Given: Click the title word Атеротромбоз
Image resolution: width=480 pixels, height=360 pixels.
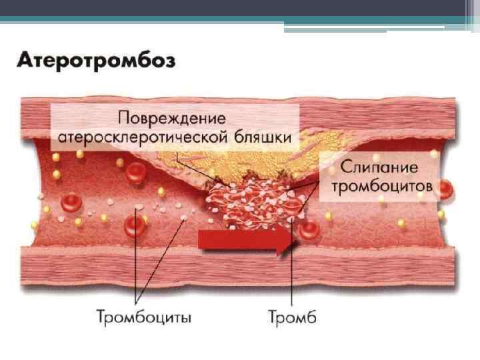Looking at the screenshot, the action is tap(96, 62).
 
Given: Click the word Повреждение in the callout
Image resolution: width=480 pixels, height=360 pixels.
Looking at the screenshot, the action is tap(171, 118).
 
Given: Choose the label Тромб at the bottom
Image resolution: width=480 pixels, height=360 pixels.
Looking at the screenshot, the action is tap(292, 316).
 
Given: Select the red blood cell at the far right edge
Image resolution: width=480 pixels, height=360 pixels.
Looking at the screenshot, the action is tap(445, 189).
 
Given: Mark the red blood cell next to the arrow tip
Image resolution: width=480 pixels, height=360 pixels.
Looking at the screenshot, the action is tap(308, 231).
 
